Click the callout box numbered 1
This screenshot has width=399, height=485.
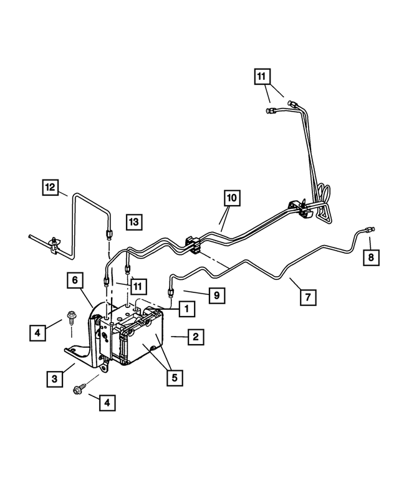[184, 308]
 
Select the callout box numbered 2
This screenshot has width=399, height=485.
[195, 337]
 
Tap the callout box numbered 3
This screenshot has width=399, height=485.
[54, 378]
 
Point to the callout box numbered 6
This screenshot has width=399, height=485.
[75, 282]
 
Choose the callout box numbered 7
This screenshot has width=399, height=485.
[306, 297]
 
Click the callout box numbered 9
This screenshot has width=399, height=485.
[216, 295]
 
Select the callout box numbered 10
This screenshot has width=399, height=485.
[231, 199]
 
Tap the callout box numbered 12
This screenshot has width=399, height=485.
[51, 186]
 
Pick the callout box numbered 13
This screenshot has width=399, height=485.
[134, 221]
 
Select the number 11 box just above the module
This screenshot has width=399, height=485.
[138, 287]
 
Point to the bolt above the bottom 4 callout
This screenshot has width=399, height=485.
[81, 390]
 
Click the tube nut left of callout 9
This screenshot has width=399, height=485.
[170, 289]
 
